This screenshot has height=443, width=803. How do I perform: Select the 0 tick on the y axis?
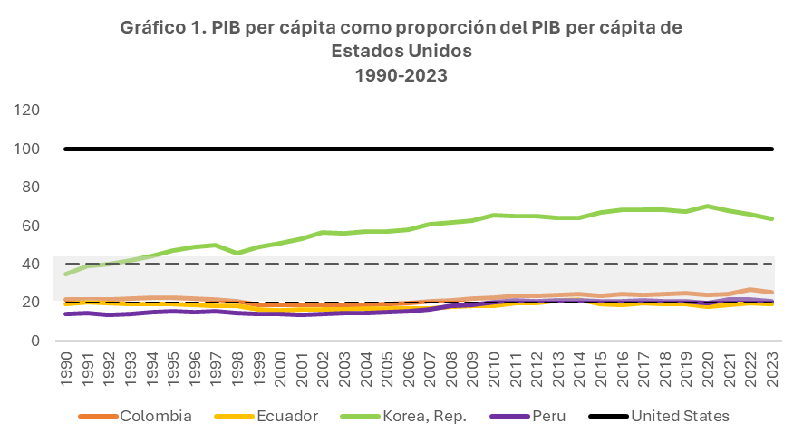point(37,341)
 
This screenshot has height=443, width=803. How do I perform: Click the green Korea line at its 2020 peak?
point(709,206)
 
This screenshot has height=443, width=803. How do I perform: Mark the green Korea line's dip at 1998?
point(237,253)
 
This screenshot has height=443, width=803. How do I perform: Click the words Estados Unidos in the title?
point(401,51)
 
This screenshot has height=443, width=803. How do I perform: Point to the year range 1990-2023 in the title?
point(401,74)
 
